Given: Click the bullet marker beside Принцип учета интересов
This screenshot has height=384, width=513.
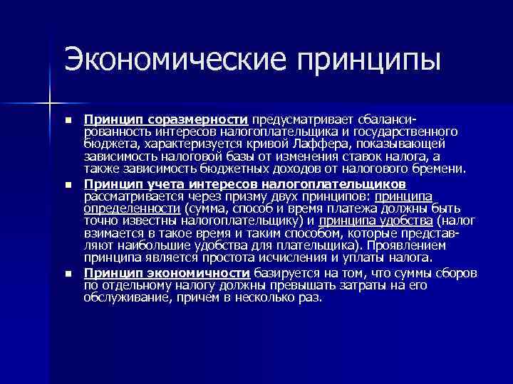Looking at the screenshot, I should (68, 184).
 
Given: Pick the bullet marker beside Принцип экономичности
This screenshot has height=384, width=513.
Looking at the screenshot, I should (68, 274).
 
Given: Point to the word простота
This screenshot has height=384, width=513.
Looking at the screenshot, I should (264, 257).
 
